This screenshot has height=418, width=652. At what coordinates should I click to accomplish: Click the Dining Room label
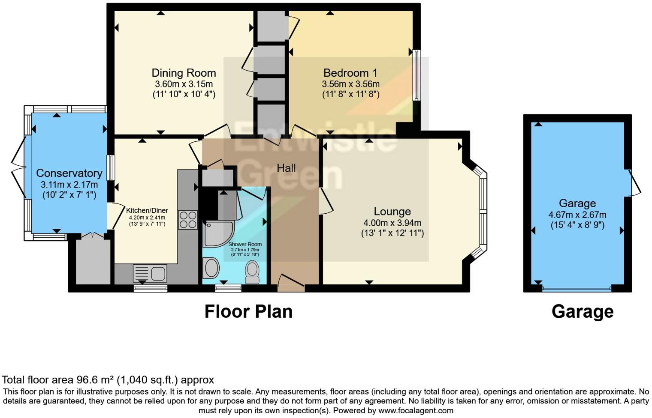184,73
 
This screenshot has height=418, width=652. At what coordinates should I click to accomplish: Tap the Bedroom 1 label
350,73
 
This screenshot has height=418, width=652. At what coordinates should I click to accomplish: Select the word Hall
286,168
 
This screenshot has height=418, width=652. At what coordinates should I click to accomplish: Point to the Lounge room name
392,211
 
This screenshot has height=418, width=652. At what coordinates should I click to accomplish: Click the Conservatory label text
69,173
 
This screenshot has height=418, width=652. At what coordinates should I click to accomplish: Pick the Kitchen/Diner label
147,210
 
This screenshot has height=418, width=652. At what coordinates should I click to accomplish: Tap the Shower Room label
245,245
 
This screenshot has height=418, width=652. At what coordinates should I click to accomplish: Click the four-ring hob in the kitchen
188,220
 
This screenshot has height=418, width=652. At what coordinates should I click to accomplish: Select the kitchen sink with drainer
150,273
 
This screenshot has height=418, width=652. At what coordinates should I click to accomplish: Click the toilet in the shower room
252,272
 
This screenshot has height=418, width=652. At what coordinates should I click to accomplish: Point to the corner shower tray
219,234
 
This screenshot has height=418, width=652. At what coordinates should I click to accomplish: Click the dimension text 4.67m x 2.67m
577,215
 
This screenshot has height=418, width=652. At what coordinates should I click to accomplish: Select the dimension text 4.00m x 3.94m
392,223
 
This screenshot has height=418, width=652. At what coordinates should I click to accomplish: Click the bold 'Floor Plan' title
248,312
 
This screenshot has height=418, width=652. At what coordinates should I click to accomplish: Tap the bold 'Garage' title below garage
583,312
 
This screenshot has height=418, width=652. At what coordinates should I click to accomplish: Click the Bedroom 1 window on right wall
417,75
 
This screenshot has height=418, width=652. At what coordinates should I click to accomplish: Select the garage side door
631,183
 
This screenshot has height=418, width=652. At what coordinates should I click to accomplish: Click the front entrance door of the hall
291,284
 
